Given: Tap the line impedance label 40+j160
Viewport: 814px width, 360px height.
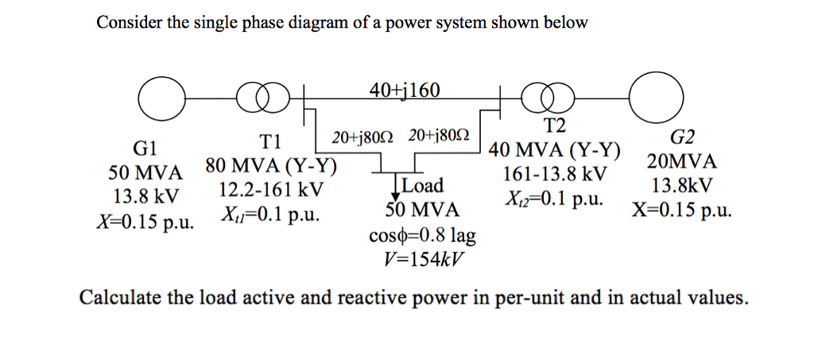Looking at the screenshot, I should tap(404, 90).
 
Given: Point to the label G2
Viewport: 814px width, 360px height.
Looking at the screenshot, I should tap(682, 138).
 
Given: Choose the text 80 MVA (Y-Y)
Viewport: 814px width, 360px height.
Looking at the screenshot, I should tap(271, 167).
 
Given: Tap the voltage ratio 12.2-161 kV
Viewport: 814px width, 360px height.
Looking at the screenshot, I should tap(271, 191).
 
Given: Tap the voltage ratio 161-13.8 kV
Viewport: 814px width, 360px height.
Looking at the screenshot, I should tap(555, 174).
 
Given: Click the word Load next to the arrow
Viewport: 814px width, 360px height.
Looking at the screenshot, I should tap(422, 187).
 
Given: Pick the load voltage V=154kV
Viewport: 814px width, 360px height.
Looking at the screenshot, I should tap(422, 260).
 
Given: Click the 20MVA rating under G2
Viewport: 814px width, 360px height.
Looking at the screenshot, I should tap(682, 162).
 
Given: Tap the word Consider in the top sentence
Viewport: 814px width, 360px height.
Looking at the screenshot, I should tap(129, 22).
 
